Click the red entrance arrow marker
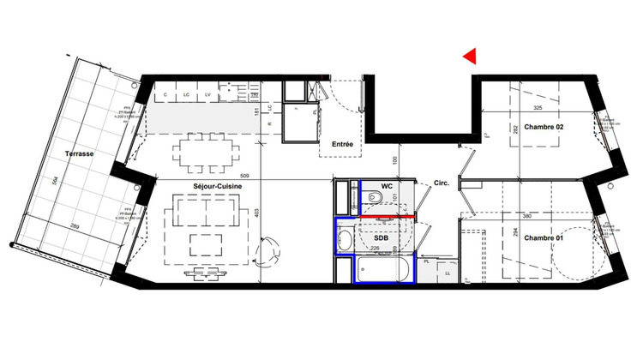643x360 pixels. tap(469, 57)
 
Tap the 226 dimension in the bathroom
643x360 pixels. tap(375, 251)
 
